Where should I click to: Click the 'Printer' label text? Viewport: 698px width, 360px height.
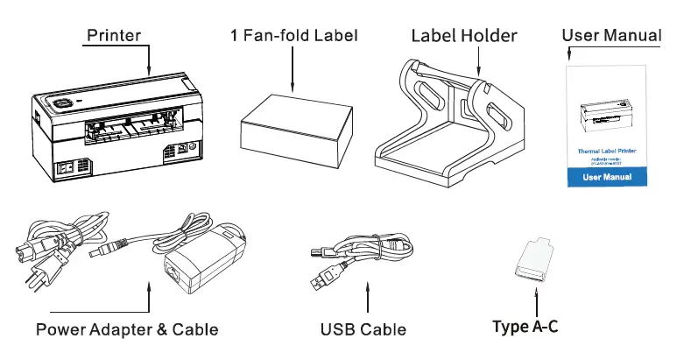click(113, 35)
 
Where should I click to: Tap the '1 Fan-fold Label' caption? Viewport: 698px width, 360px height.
click(294, 36)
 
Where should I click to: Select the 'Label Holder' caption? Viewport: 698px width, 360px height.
click(464, 36)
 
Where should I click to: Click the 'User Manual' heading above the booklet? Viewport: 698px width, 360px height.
click(610, 35)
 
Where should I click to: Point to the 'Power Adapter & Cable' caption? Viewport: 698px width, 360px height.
click(127, 329)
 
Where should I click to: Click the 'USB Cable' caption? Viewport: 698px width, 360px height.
click(363, 329)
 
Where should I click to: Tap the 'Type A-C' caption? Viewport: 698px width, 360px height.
click(525, 327)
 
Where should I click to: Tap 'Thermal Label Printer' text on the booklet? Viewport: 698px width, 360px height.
click(604, 151)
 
